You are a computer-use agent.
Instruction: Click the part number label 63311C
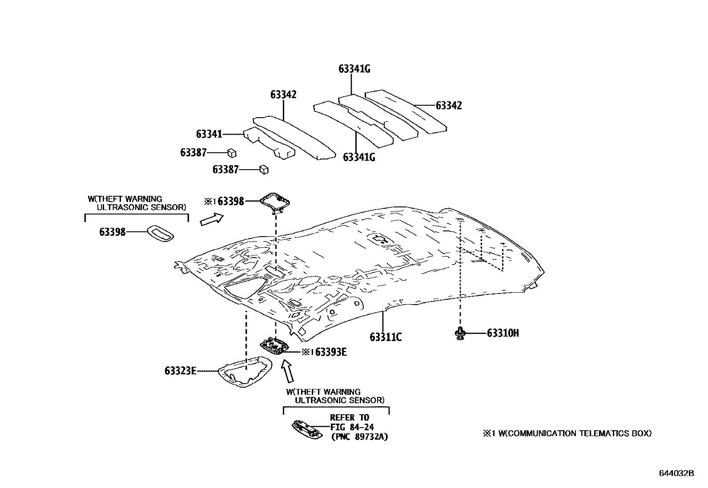point(386,337)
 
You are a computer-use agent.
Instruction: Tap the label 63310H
point(503,333)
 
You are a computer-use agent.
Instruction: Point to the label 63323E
point(180,370)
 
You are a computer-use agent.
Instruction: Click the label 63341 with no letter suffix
point(209,134)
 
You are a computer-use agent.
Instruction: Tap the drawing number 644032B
point(676,473)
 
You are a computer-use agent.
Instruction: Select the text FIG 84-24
point(352,427)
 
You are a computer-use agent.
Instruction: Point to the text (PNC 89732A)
point(359,437)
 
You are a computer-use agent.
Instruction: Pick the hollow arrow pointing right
point(211,218)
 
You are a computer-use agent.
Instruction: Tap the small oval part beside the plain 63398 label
point(161,233)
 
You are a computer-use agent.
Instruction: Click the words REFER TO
point(350,417)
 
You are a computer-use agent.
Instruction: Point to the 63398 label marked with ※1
point(230,202)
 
